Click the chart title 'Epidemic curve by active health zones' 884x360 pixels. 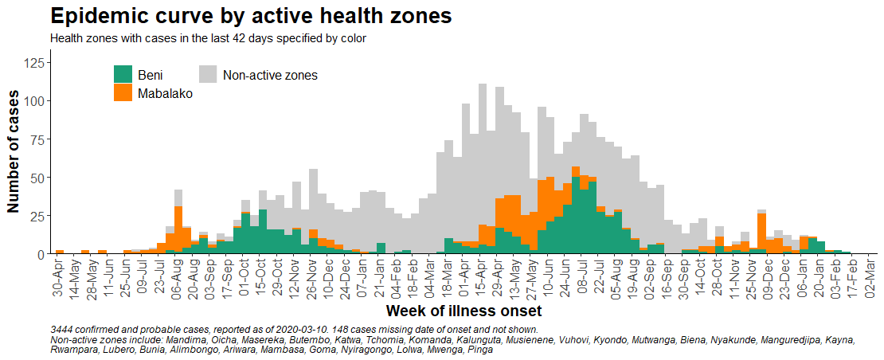click(x=251, y=16)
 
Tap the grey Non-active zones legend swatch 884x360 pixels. click(x=208, y=74)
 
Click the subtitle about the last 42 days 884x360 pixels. click(x=207, y=37)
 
